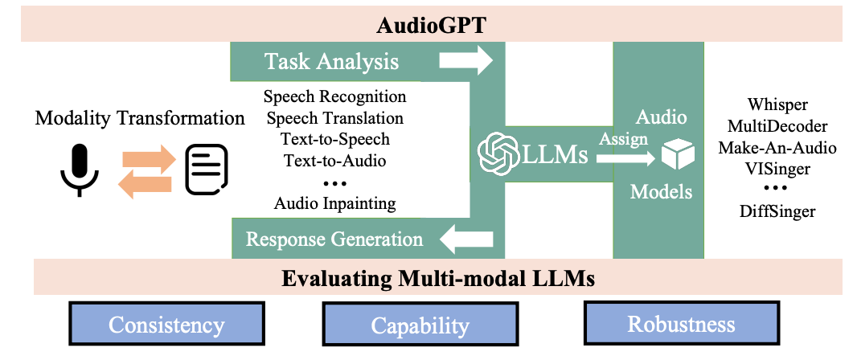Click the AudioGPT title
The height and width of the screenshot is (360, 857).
[428, 25]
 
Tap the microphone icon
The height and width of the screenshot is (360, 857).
[79, 170]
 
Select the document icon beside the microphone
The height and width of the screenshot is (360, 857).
[207, 170]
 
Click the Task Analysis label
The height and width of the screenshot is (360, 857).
[332, 61]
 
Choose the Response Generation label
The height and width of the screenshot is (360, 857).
[334, 239]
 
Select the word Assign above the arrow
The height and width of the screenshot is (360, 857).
[623, 138]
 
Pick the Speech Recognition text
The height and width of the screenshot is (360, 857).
[335, 97]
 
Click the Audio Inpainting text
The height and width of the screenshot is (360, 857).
[335, 203]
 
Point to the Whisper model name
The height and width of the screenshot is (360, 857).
[777, 105]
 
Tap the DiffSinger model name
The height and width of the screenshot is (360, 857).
[777, 211]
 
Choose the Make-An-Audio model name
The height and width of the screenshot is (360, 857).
[777, 148]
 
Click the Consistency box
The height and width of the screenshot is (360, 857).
[166, 325]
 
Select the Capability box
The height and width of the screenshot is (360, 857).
[420, 325]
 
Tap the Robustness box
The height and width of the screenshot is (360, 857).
[681, 325]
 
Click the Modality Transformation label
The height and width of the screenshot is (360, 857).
[140, 119]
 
